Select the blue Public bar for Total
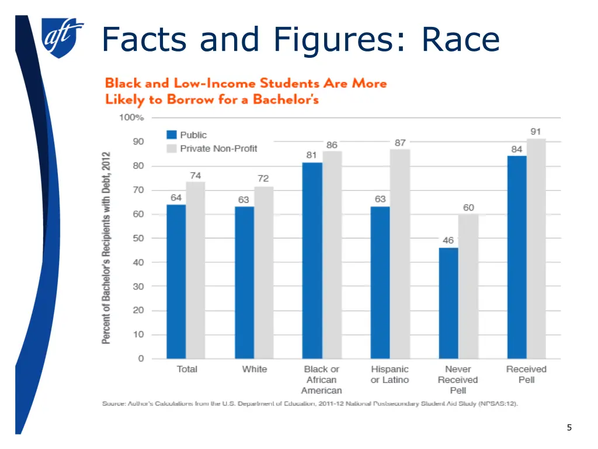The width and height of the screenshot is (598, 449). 176,281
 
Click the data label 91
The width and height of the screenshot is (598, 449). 536,132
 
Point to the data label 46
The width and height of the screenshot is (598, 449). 448,240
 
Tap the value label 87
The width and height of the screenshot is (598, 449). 400,142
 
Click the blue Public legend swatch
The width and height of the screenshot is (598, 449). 172,135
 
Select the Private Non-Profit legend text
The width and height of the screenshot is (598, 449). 218,148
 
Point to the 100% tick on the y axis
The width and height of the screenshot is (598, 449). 131,118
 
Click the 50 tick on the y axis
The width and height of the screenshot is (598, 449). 138,239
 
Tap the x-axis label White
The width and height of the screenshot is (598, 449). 255,369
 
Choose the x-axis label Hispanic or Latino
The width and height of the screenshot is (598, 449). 390,375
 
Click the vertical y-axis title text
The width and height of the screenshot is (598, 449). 107,248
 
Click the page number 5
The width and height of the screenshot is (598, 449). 569,428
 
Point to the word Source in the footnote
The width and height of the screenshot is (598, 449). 114,404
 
